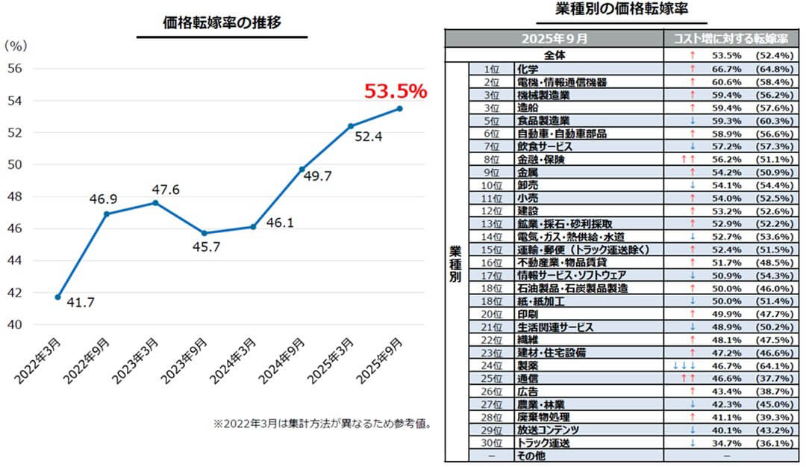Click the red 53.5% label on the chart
click(x=395, y=92)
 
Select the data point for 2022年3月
click(x=57, y=297)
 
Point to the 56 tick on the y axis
click(x=16, y=69)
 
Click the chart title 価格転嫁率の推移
click(x=222, y=23)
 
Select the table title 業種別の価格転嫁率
click(x=622, y=10)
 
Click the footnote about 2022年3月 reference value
click(x=322, y=424)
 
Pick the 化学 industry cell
click(x=528, y=69)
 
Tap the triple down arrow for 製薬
click(x=684, y=366)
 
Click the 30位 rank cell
click(x=490, y=443)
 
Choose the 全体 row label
click(x=554, y=55)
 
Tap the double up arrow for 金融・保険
click(x=688, y=158)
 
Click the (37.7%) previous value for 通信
click(x=773, y=379)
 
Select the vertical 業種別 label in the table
click(x=456, y=262)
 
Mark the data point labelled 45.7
click(x=204, y=233)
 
